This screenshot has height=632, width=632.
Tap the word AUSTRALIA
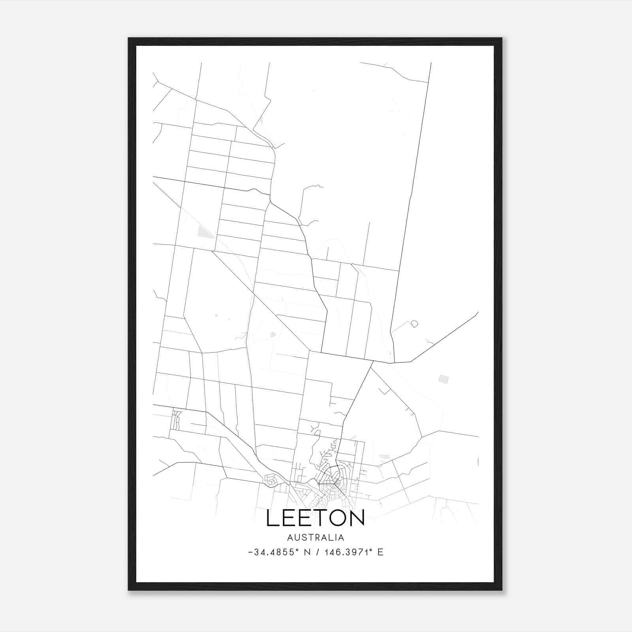pyautogui.click(x=316, y=538)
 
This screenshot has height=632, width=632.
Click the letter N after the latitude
pyautogui.click(x=305, y=552)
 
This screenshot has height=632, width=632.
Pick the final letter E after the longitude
pyautogui.click(x=380, y=552)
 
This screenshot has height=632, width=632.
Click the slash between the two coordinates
pyautogui.click(x=317, y=552)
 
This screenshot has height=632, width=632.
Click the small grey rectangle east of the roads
pyautogui.click(x=444, y=379)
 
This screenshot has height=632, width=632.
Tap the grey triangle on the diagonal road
pyautogui.click(x=205, y=232)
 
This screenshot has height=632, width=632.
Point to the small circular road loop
pyautogui.click(x=414, y=324)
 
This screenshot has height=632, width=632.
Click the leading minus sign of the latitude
pyautogui.click(x=250, y=553)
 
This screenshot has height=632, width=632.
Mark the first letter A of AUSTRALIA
pyautogui.click(x=290, y=538)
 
